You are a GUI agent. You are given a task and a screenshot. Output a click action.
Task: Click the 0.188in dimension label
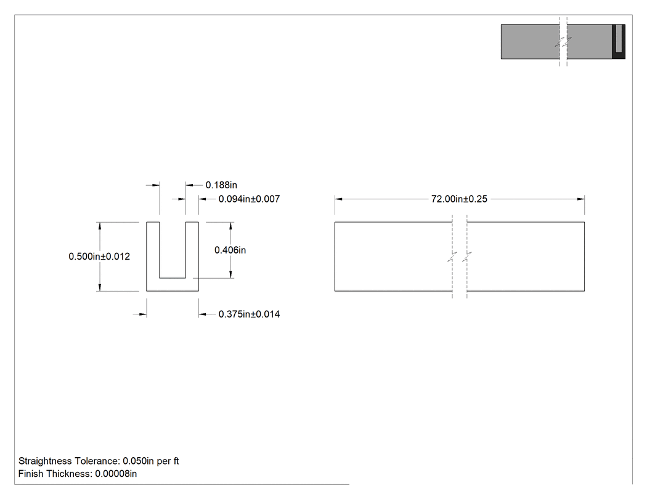(x=221, y=185)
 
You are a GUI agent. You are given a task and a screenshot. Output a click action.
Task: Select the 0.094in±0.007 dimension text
(x=249, y=199)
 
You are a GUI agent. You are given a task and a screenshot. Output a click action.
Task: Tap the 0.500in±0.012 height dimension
(x=99, y=257)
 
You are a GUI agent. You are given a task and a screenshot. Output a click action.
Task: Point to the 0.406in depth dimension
(x=230, y=250)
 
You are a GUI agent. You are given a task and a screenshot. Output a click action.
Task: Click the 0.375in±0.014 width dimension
(x=249, y=314)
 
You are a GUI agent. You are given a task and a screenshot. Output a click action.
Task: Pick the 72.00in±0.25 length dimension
(x=459, y=199)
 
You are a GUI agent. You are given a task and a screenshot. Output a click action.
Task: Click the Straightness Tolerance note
(x=99, y=461)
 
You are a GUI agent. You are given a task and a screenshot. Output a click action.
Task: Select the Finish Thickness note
(x=78, y=474)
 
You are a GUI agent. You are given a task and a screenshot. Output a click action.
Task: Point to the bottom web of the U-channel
(x=173, y=285)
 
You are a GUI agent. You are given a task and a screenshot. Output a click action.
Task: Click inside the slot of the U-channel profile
(x=173, y=250)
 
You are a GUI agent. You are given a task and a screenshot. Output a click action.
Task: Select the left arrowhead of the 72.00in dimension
(x=338, y=199)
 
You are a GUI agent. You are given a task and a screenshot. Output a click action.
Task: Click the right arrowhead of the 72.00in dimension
(x=581, y=199)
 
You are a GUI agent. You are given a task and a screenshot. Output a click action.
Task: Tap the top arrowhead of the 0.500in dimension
(x=100, y=226)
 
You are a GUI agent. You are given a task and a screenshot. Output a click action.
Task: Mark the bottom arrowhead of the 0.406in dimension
(x=230, y=274)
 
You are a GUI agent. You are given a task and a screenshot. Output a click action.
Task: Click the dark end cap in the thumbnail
(x=619, y=42)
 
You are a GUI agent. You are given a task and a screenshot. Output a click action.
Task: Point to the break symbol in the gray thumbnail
(x=563, y=42)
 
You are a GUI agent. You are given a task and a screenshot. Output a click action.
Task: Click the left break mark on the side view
(x=452, y=257)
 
